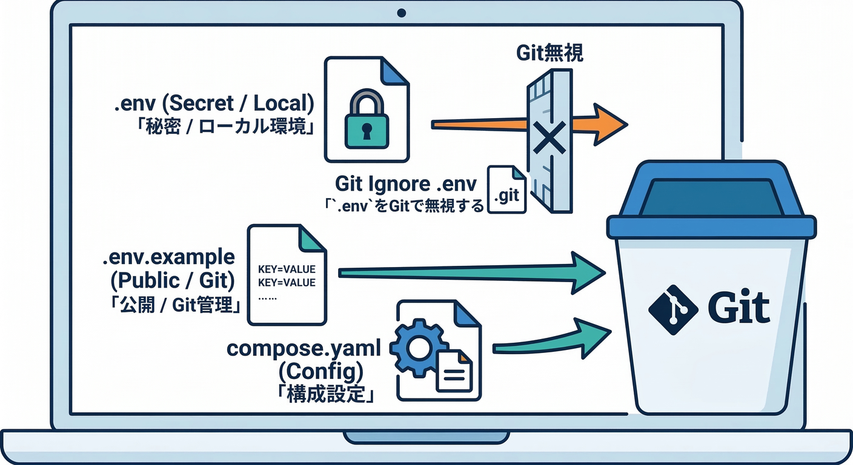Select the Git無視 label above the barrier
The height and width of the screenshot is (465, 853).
pos(549,53)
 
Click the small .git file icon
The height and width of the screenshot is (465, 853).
pos(507,190)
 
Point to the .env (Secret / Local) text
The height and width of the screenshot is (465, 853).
pos(214,104)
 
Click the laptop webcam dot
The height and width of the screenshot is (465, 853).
pos(400,12)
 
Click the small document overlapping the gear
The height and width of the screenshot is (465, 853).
pos(454,370)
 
